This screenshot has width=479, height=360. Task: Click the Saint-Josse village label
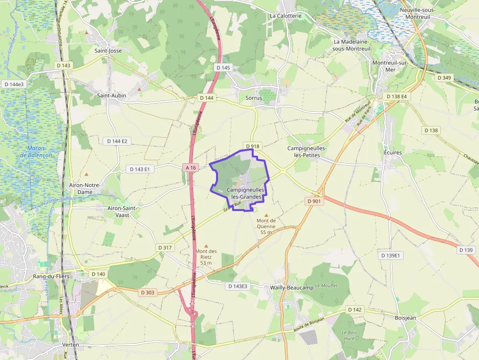pyautogui.click(x=108, y=50)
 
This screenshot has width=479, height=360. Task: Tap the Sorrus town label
pyautogui.click(x=254, y=98)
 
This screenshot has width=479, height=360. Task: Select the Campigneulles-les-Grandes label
pyautogui.click(x=246, y=193)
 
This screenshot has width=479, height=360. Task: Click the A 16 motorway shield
pyautogui.click(x=191, y=168)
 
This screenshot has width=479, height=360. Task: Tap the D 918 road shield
pyautogui.click(x=252, y=146)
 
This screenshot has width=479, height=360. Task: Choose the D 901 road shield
pyautogui.click(x=314, y=201)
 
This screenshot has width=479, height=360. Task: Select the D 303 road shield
pyautogui.click(x=147, y=293)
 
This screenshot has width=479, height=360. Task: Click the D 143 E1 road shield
pyautogui.click(x=140, y=169)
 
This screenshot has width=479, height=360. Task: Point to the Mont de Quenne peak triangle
pyautogui.click(x=266, y=215)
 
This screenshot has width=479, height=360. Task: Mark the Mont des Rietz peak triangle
pyautogui.click(x=206, y=246)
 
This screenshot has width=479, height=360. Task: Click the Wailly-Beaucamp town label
pyautogui.click(x=292, y=288)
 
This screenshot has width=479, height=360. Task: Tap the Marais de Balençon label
pyautogui.click(x=36, y=151)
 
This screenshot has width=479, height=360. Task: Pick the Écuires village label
pyautogui.click(x=392, y=152)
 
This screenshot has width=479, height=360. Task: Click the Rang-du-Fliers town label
pyautogui.click(x=51, y=276)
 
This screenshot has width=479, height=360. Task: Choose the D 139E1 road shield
pyautogui.click(x=390, y=255)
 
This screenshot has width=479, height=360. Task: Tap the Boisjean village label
pyautogui.click(x=405, y=317)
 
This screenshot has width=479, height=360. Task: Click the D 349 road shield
pyautogui.click(x=445, y=78)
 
